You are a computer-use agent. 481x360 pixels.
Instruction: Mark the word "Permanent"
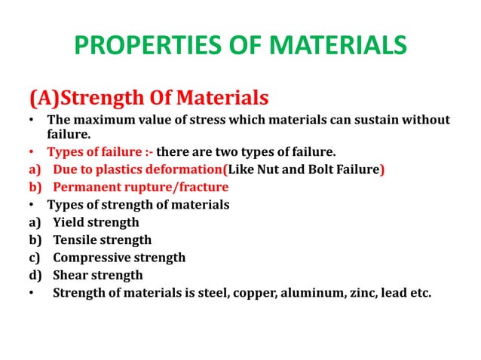click(84, 187)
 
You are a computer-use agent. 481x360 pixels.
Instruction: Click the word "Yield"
click(69, 222)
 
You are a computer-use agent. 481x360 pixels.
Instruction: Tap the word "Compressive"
click(92, 258)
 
